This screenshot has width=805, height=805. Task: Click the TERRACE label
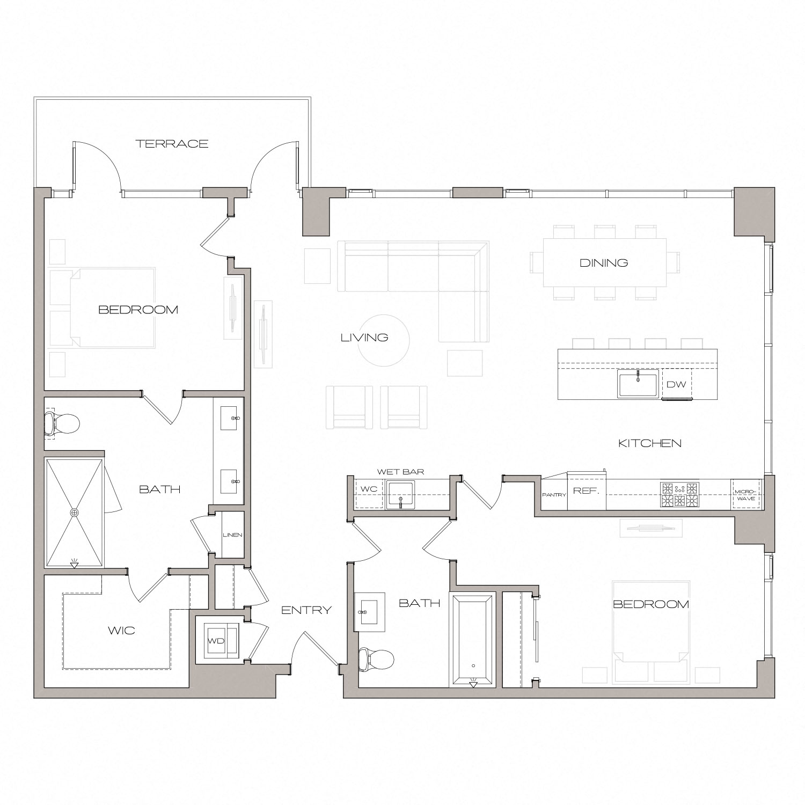pyautogui.click(x=172, y=144)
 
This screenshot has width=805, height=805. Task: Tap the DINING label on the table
pyautogui.click(x=604, y=263)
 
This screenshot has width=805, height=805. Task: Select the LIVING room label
pyautogui.click(x=364, y=338)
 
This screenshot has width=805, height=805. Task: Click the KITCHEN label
pyautogui.click(x=650, y=443)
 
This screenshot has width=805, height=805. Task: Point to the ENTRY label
pyautogui.click(x=306, y=610)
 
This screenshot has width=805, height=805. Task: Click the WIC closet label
pyautogui.click(x=121, y=631)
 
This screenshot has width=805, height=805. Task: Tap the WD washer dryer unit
pyautogui.click(x=217, y=641)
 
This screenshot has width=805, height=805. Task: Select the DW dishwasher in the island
pyautogui.click(x=676, y=384)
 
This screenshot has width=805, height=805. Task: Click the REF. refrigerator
pyautogui.click(x=586, y=491)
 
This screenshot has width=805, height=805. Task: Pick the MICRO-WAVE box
pyautogui.click(x=746, y=495)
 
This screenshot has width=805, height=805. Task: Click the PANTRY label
pyautogui.click(x=554, y=495)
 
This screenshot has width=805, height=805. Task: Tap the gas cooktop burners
pyautogui.click(x=680, y=495)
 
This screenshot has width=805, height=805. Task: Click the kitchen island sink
pyautogui.click(x=638, y=384)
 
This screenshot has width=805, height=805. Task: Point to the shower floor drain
pyautogui.click(x=74, y=513)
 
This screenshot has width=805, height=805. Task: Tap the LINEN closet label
pyautogui.click(x=232, y=535)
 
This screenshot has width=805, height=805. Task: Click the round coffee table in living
pyautogui.click(x=384, y=340)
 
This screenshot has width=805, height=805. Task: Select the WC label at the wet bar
pyautogui.click(x=369, y=489)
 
